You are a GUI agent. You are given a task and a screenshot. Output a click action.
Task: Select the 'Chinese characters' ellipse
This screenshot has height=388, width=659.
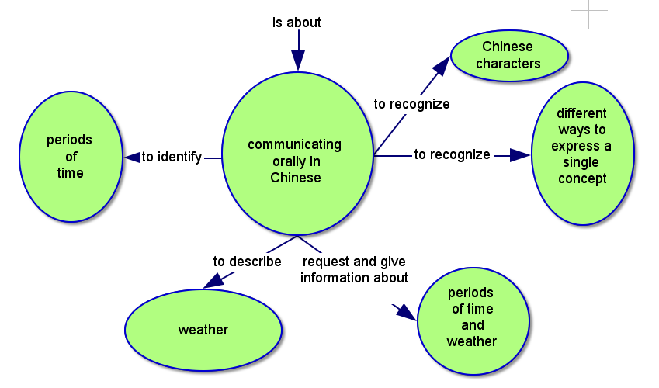(508, 55)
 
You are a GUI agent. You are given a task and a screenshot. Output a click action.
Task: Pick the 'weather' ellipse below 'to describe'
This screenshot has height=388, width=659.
(203, 330)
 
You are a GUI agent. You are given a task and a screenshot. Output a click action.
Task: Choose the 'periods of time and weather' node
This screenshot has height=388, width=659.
(472, 317)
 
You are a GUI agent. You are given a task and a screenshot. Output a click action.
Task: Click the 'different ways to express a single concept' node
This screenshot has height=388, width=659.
(582, 154)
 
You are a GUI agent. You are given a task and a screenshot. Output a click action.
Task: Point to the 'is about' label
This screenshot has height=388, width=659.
(297, 23)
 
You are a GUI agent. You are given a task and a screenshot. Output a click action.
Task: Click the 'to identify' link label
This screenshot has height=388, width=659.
(172, 157)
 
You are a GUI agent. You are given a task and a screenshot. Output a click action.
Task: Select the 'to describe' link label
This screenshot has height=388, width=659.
(247, 262)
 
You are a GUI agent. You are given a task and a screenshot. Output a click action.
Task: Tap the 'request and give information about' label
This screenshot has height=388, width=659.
(354, 269)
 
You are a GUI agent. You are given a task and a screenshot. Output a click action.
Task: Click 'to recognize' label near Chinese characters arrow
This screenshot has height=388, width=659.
(411, 103)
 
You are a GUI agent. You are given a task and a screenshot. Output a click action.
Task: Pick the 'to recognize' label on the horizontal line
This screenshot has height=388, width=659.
(452, 154)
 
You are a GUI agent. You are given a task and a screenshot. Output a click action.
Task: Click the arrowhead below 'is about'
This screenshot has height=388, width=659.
(297, 60)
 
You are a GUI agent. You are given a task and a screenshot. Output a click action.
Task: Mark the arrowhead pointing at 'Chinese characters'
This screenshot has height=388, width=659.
(441, 67)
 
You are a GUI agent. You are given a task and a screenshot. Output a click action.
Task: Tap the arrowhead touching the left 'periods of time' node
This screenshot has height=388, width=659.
(131, 157)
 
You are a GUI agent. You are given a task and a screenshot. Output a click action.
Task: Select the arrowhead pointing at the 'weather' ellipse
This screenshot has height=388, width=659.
(213, 280)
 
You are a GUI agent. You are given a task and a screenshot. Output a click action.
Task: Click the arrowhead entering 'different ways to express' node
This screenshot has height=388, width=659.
(519, 155)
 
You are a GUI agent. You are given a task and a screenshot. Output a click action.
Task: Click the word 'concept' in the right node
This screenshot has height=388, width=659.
(582, 179)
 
